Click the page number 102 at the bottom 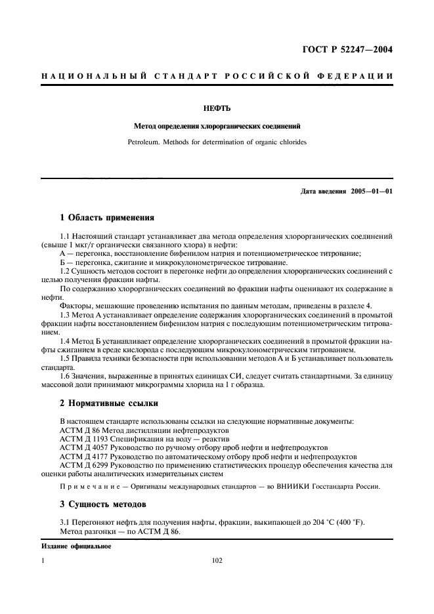217,561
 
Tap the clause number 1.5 64,358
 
